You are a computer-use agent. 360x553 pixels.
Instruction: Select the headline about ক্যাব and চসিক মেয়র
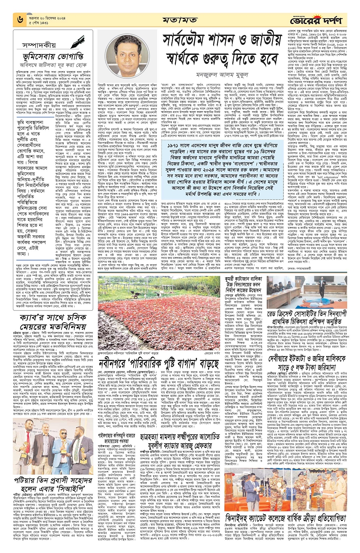click(53, 322)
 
